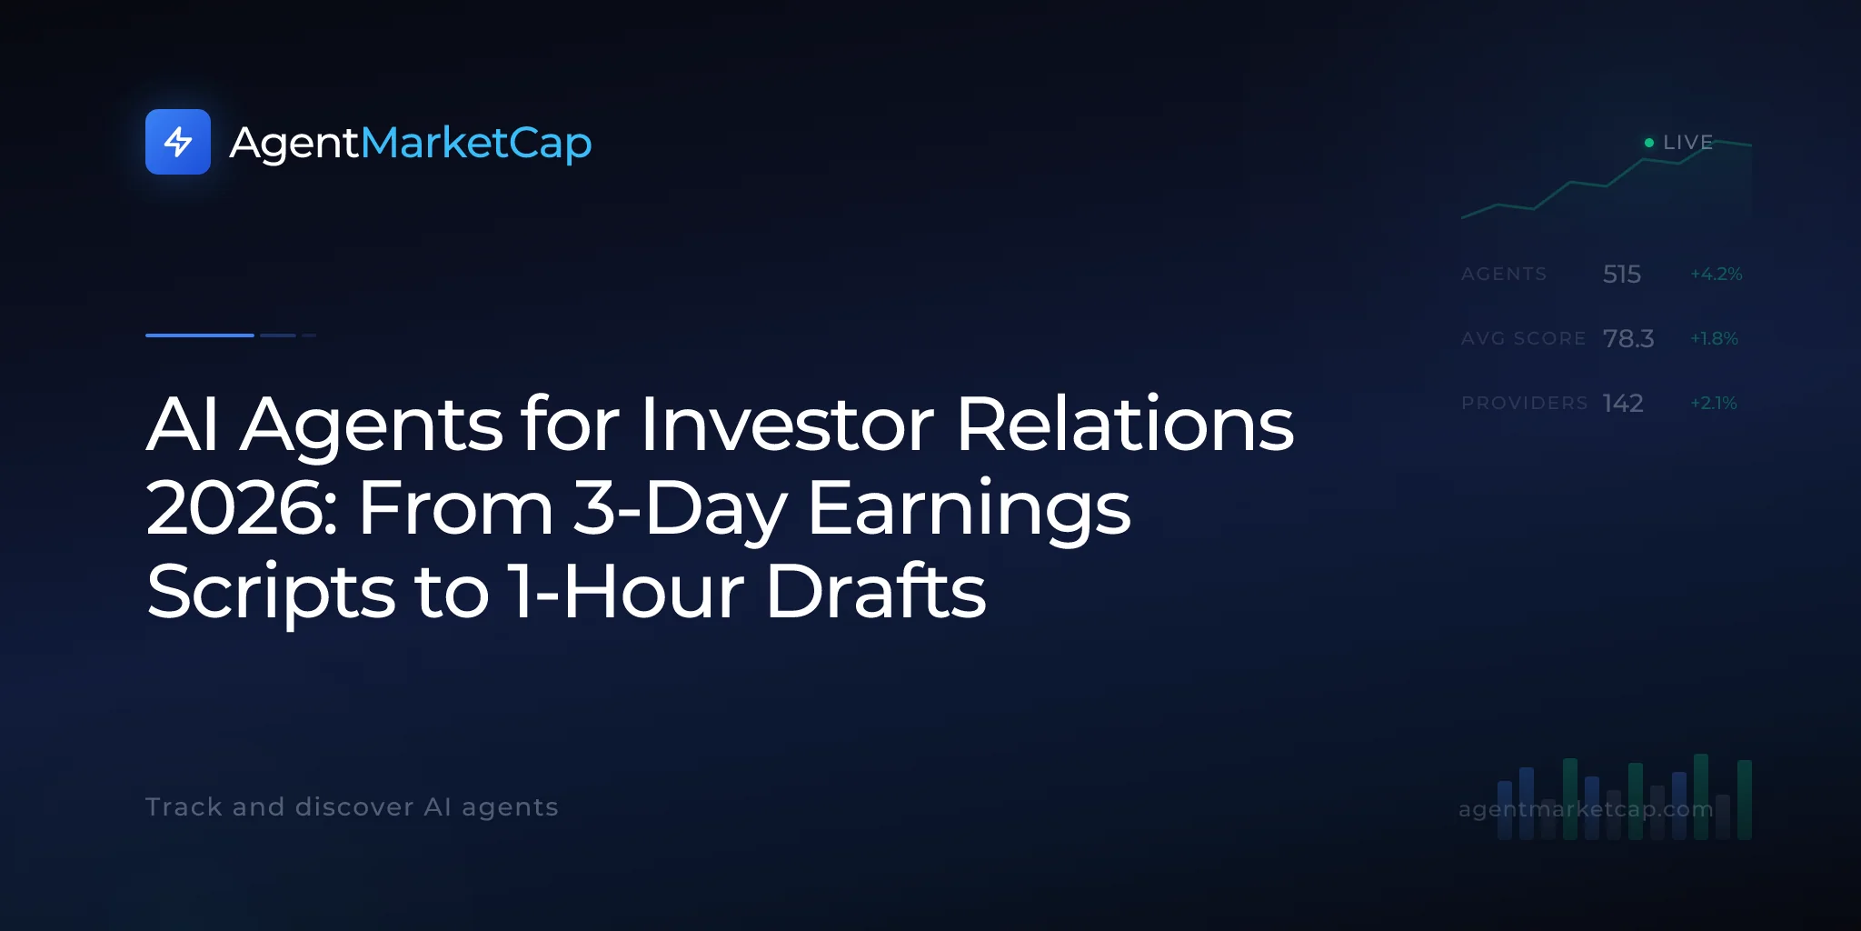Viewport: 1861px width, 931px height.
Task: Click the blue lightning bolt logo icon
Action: pyautogui.click(x=178, y=142)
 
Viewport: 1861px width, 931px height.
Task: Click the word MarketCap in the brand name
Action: pyautogui.click(x=476, y=144)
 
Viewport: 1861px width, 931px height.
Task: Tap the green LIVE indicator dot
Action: pyautogui.click(x=1649, y=143)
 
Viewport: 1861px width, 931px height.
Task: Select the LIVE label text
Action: pyautogui.click(x=1688, y=143)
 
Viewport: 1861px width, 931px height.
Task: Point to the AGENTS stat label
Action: pyautogui.click(x=1504, y=274)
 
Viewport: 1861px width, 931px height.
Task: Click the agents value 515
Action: pyautogui.click(x=1622, y=274)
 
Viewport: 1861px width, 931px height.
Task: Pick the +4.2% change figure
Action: pyautogui.click(x=1717, y=274)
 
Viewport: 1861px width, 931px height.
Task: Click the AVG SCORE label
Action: pyautogui.click(x=1524, y=338)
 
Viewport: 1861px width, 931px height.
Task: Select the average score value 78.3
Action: pyautogui.click(x=1628, y=338)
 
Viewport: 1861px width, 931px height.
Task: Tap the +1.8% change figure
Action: pyautogui.click(x=1714, y=338)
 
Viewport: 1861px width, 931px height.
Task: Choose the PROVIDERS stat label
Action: pyautogui.click(x=1525, y=403)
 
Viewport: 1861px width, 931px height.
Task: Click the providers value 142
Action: pyautogui.click(x=1623, y=403)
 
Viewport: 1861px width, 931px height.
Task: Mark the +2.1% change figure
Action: pyautogui.click(x=1714, y=403)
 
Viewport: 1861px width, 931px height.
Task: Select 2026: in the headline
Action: pyautogui.click(x=242, y=507)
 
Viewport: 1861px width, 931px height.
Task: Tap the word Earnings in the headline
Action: pyautogui.click(x=970, y=509)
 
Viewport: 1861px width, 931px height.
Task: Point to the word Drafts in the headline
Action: pyautogui.click(x=876, y=590)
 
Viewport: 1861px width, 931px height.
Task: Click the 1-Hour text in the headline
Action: pyautogui.click(x=627, y=591)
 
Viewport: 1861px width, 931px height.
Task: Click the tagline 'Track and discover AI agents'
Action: pyautogui.click(x=352, y=807)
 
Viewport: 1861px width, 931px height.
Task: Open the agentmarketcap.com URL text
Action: pyautogui.click(x=1586, y=809)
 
